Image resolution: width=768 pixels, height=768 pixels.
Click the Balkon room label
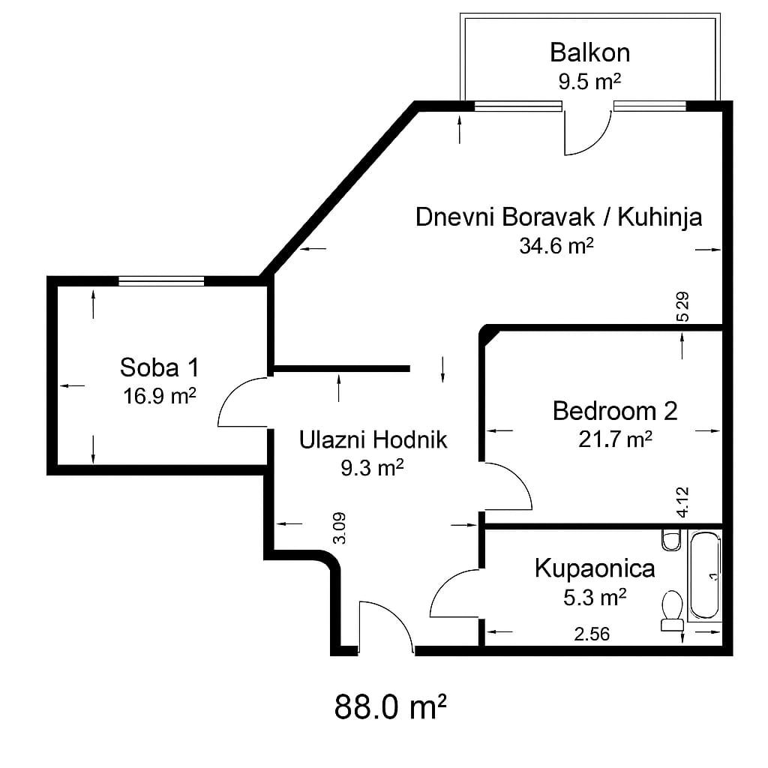(x=589, y=52)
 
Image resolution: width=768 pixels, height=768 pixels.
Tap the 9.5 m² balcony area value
(x=589, y=81)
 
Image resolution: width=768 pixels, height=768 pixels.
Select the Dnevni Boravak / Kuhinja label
(x=559, y=217)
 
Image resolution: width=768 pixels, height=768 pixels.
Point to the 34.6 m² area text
(x=556, y=245)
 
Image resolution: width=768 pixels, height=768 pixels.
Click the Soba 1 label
(x=160, y=367)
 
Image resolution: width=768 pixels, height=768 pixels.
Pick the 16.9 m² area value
(x=159, y=396)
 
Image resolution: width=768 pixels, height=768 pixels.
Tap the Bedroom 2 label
(x=615, y=411)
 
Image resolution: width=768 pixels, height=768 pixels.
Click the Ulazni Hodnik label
(x=373, y=439)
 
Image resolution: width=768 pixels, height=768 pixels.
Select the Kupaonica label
(x=595, y=568)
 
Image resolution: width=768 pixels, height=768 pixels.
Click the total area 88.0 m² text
(x=390, y=706)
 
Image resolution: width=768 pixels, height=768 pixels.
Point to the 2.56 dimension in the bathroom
(x=592, y=634)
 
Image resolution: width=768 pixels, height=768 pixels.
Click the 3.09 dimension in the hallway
(x=340, y=528)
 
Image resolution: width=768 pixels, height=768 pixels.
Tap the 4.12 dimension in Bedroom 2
(x=682, y=502)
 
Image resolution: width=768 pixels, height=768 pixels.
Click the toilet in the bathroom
(x=671, y=610)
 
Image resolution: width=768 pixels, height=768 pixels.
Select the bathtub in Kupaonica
(x=705, y=575)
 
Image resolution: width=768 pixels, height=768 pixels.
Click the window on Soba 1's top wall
(x=161, y=281)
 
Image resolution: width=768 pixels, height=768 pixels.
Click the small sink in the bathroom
(x=670, y=539)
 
